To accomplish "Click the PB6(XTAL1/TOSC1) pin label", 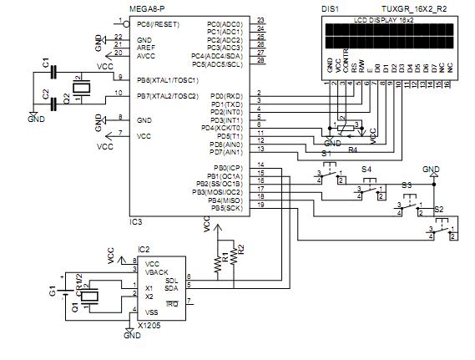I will pos(167,79).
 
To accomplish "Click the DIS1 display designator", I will pos(329,8).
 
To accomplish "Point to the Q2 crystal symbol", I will pos(81,89).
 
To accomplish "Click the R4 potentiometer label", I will pos(351,149).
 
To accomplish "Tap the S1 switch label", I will pos(326,155).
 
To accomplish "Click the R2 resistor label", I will pos(241,248).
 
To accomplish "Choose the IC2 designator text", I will pos(144,249).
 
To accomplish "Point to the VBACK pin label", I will pos(159,271).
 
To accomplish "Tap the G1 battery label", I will pos(52,292).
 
